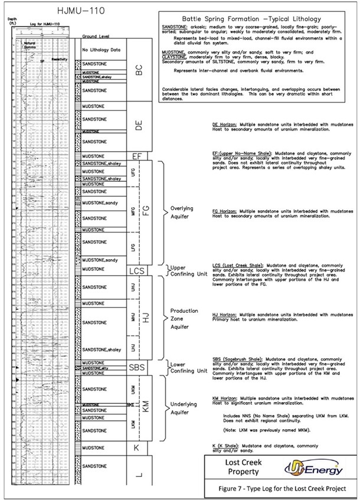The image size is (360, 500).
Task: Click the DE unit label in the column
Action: pos(139,125)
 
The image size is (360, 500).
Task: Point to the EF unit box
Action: pos(137,156)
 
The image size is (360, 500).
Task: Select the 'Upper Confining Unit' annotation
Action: pos(188,271)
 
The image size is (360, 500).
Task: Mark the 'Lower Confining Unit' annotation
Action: pos(188,368)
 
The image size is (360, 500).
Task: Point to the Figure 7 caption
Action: pos(282,490)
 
